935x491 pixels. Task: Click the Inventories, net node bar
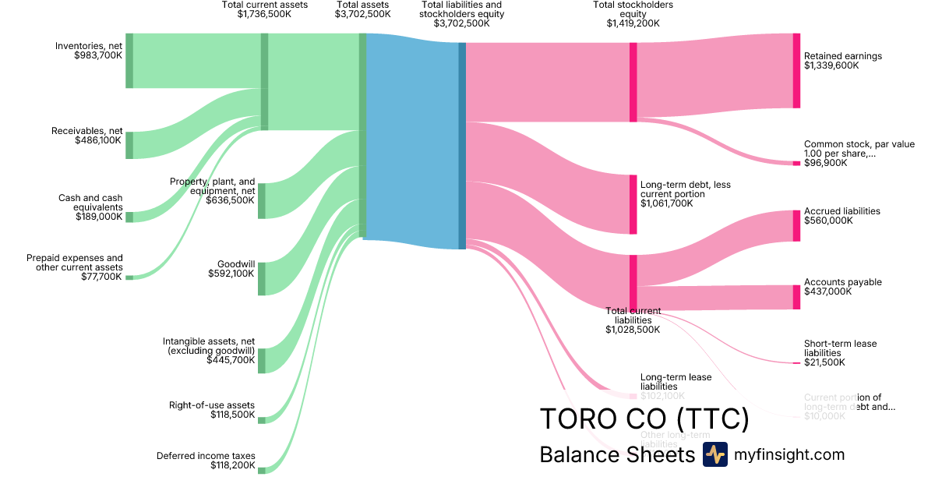pyautogui.click(x=129, y=61)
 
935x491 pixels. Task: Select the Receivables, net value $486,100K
pyautogui.click(x=98, y=140)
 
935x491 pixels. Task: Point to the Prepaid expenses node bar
pyautogui.click(x=129, y=277)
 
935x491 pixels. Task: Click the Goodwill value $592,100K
pyautogui.click(x=231, y=274)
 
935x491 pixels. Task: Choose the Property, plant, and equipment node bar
pyautogui.click(x=262, y=201)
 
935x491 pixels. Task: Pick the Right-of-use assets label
pyautogui.click(x=212, y=404)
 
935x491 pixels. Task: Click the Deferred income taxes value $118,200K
pyautogui.click(x=232, y=465)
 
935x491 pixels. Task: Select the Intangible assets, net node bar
pyautogui.click(x=262, y=361)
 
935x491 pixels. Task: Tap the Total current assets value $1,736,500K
pyautogui.click(x=264, y=14)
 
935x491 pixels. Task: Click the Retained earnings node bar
pyautogui.click(x=796, y=71)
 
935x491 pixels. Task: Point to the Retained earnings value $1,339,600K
pyautogui.click(x=831, y=65)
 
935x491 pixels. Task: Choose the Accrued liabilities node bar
pyautogui.click(x=796, y=225)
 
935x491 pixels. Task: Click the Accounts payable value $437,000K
pyautogui.click(x=828, y=291)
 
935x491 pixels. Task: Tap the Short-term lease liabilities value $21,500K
pyautogui.click(x=824, y=362)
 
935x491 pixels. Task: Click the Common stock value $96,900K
pyautogui.click(x=825, y=163)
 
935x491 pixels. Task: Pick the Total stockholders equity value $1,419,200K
pyautogui.click(x=633, y=23)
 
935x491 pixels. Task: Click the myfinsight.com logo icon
pyautogui.click(x=715, y=454)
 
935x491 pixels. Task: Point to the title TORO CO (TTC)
pyautogui.click(x=644, y=419)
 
